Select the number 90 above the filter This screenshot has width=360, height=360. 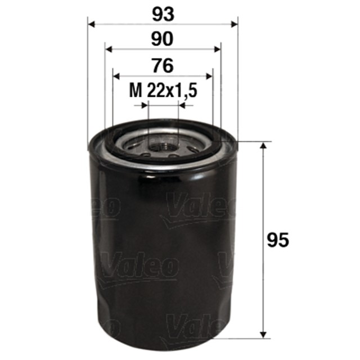[x=163, y=39]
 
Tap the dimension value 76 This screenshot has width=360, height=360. [x=163, y=66]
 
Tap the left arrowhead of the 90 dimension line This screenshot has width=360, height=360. [x=109, y=49]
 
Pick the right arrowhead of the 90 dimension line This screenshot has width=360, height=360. [x=217, y=49]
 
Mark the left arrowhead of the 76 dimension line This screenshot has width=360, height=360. [x=117, y=75]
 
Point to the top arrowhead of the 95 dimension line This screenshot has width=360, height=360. [x=262, y=147]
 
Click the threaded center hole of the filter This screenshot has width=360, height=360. [x=163, y=148]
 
